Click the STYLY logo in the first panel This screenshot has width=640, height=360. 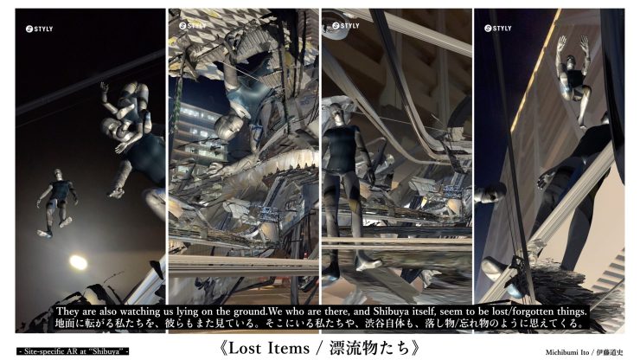click(x=39, y=29)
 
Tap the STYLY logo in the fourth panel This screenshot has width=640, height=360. click(x=497, y=29)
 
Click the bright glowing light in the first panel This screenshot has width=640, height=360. click(x=78, y=262)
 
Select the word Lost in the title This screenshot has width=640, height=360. click(x=246, y=348)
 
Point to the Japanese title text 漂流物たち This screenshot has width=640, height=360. click(x=369, y=348)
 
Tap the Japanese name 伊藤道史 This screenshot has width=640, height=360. click(x=610, y=352)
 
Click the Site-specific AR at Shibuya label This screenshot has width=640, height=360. click(x=74, y=351)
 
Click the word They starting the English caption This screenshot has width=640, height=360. click(x=67, y=312)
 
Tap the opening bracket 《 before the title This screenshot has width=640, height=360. click(x=223, y=348)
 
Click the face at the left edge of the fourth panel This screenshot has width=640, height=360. click(x=491, y=192)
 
